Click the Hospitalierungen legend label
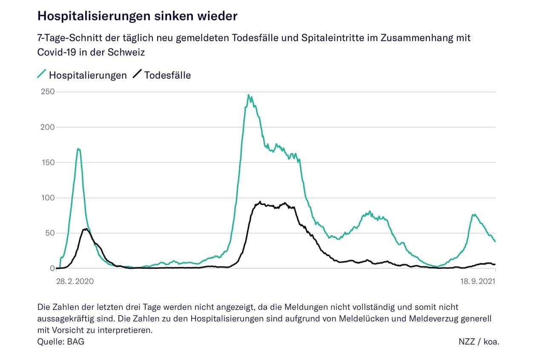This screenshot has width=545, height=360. click(88, 75)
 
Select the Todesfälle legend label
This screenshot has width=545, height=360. click(167, 75)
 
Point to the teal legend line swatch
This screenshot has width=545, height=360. click(42, 74)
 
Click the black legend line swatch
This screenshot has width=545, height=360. click(137, 74)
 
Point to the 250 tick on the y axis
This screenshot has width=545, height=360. click(47, 92)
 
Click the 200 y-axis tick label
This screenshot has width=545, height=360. click(47, 127)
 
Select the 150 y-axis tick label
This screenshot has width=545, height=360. click(47, 163)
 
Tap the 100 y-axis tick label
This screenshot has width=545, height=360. click(47, 198)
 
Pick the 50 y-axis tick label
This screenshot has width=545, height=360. click(49, 233)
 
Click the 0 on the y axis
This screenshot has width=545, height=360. click(52, 269)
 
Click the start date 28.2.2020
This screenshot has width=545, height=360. click(75, 281)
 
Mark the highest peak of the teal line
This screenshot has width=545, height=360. click(249, 95)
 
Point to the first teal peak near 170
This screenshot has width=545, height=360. click(79, 149)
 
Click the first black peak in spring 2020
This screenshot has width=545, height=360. click(86, 229)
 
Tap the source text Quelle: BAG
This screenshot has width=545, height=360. click(61, 341)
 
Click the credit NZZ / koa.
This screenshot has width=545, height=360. click(479, 341)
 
